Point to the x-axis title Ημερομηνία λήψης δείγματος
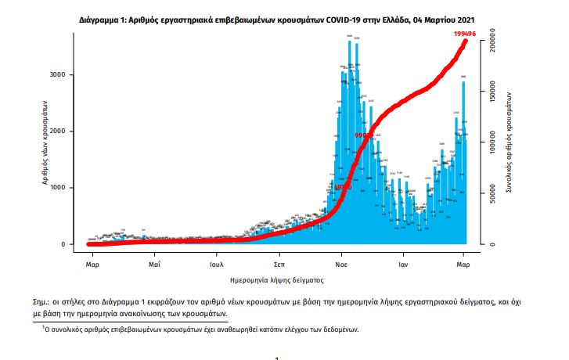pos(277,279)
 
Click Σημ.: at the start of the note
pos(52,301)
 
